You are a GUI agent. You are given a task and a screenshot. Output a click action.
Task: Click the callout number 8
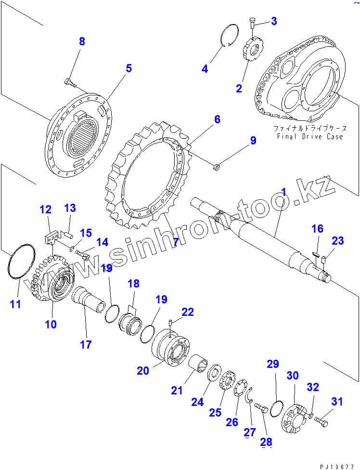pyautogui.click(x=82, y=41)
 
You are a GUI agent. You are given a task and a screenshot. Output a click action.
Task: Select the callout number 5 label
pyautogui.click(x=129, y=68)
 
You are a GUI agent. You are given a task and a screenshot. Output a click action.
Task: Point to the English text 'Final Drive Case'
pyautogui.click(x=310, y=136)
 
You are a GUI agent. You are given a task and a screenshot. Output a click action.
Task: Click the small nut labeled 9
pyautogui.click(x=217, y=167)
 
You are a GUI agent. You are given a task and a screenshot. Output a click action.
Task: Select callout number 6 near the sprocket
pyautogui.click(x=217, y=119)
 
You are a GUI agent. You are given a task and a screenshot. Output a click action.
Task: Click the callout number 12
pyautogui.click(x=45, y=209)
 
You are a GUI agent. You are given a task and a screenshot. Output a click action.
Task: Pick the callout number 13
pyautogui.click(x=70, y=208)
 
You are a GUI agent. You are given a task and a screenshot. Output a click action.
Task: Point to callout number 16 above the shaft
pyautogui.click(x=317, y=229)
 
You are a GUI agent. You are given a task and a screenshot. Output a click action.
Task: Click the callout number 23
pyautogui.click(x=338, y=240)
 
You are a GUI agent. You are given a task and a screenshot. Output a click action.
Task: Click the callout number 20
pyautogui.click(x=142, y=370)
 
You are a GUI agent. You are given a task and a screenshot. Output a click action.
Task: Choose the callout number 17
pyautogui.click(x=86, y=345)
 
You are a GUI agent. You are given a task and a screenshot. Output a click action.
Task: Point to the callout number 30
pyautogui.click(x=293, y=375)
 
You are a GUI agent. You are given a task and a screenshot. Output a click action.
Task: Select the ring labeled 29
pyautogui.click(x=275, y=409)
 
